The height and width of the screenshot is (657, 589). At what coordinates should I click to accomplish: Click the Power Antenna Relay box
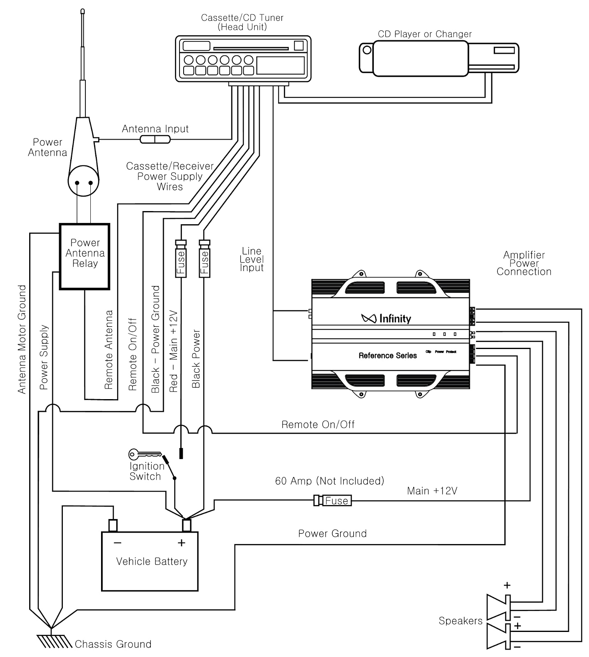tap(85, 256)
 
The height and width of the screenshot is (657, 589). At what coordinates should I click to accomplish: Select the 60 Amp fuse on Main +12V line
tap(333, 501)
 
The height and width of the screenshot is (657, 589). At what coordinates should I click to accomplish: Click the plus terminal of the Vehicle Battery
tap(187, 525)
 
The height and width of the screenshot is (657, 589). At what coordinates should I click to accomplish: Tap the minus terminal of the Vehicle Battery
tap(113, 525)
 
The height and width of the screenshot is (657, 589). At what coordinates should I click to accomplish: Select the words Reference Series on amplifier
tap(387, 356)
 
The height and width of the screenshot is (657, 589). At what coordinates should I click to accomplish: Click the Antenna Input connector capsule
tap(155, 140)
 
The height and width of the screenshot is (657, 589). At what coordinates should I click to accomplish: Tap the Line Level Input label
tap(251, 259)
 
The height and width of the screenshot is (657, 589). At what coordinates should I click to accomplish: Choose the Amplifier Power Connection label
tap(524, 263)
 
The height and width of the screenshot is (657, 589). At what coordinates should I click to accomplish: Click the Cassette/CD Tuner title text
tap(242, 22)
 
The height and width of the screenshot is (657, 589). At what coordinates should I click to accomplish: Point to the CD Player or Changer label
tap(424, 34)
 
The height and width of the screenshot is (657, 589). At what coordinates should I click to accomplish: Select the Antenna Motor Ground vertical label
tap(22, 339)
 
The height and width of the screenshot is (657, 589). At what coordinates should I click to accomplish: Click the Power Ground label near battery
tap(332, 533)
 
